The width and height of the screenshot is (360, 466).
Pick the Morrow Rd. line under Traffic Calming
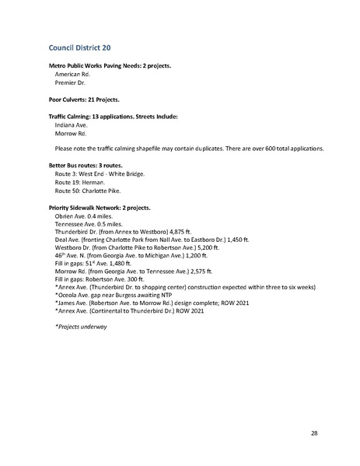(70, 133)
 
